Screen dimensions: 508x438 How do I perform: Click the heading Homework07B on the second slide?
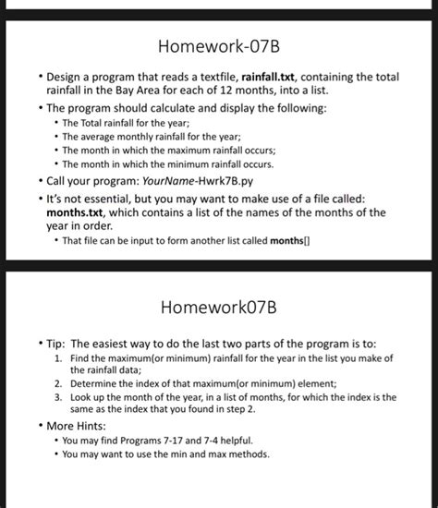(219, 305)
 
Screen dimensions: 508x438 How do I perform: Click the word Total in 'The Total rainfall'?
(97, 122)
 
